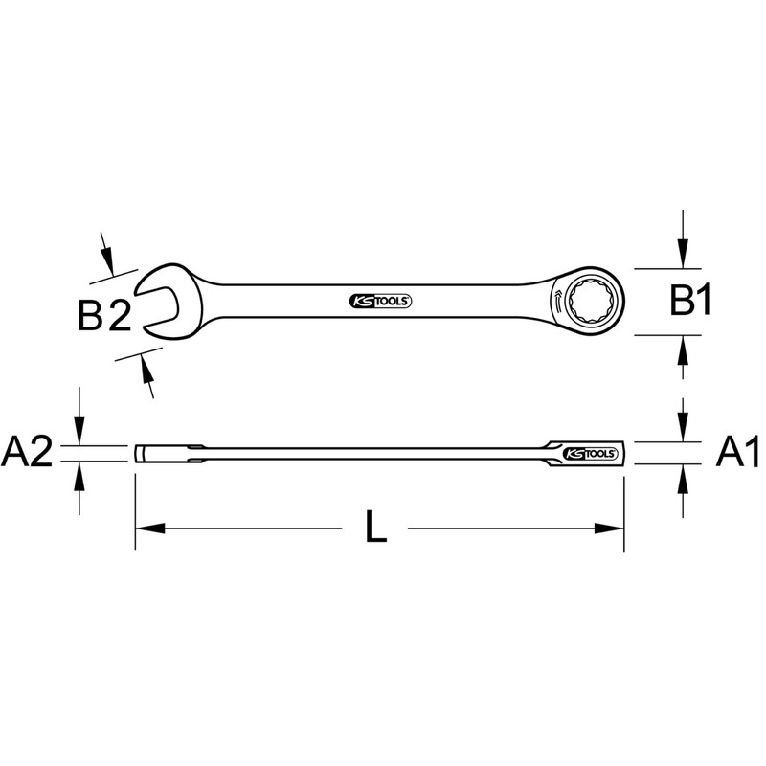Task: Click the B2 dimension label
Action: [104, 316]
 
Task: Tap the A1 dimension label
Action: [738, 452]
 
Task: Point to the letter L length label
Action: [377, 529]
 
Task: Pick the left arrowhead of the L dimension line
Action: [146, 528]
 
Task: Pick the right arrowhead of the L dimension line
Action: [612, 528]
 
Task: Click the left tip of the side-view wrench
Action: [137, 453]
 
